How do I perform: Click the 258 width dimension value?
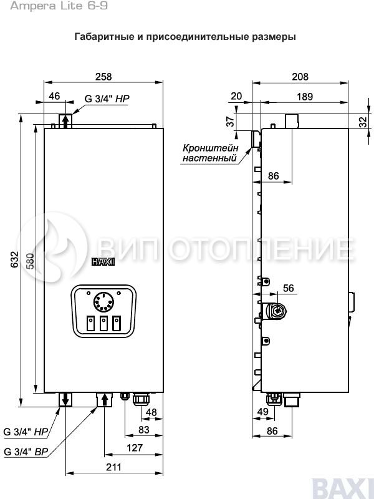click(103, 76)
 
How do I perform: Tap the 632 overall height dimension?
click(14, 259)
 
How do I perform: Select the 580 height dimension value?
click(30, 261)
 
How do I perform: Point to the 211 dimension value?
click(113, 467)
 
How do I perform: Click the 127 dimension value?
click(135, 448)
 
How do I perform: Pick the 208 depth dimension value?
click(300, 76)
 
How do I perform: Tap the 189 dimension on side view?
click(305, 97)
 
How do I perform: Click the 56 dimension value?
click(289, 288)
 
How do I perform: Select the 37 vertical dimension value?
click(230, 121)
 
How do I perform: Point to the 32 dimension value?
click(363, 122)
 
